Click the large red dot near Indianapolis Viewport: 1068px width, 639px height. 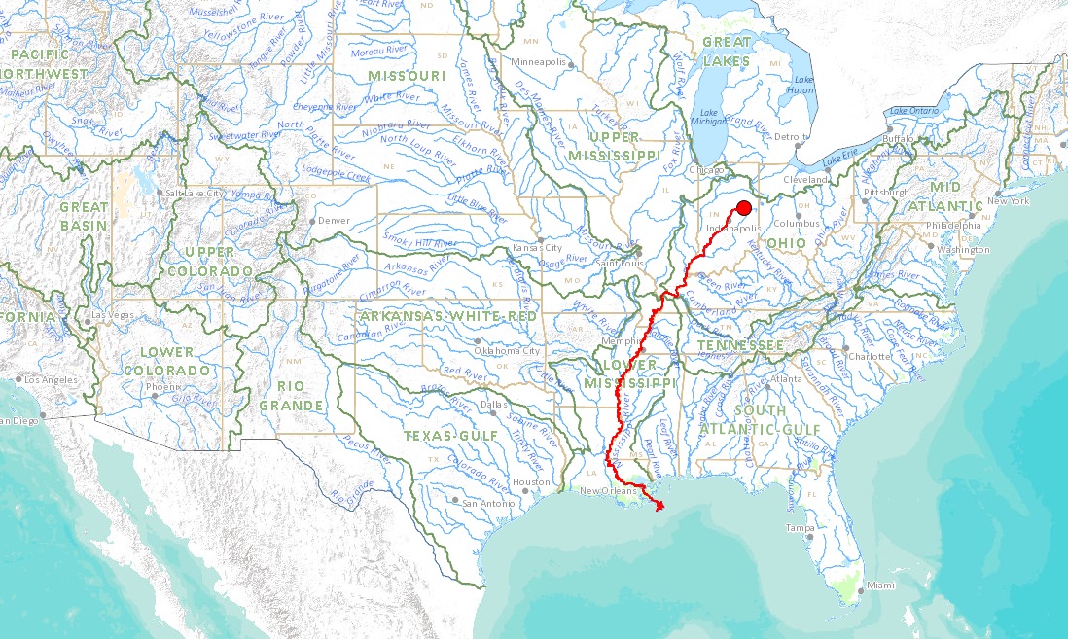(744, 207)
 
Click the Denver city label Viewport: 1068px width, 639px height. (334, 221)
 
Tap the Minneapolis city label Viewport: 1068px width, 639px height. (539, 62)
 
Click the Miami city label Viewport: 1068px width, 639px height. (881, 586)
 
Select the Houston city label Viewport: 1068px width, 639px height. (531, 482)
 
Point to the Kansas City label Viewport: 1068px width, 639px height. (538, 249)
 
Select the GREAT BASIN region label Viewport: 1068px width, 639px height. (85, 215)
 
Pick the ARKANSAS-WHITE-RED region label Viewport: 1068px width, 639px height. (447, 317)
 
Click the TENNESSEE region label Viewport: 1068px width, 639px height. (739, 346)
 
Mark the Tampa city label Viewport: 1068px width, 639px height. (800, 528)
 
